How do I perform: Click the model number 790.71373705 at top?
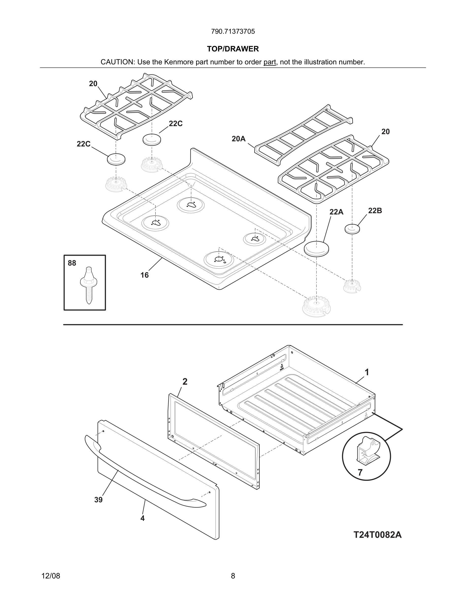233,31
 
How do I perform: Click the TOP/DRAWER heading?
233,49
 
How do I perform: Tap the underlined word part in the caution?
270,62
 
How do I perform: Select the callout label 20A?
239,139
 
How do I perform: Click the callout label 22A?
336,212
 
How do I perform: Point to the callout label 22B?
375,211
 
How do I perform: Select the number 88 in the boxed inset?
72,263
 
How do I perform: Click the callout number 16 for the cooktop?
144,275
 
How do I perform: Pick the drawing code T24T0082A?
377,535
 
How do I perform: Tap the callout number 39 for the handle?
98,500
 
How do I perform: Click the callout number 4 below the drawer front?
142,518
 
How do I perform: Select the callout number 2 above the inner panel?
185,382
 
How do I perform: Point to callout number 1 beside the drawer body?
367,372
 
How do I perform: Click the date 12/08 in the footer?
51,576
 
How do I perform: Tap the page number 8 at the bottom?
233,576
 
